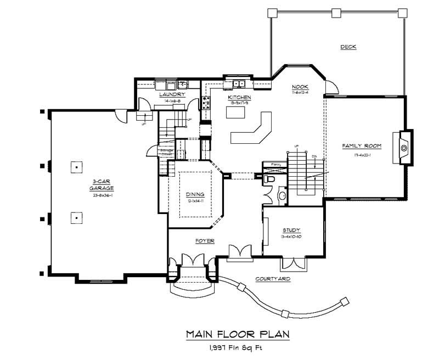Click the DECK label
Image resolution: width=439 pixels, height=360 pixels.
pos(348,47)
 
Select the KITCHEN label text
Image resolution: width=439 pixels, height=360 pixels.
pos(239,97)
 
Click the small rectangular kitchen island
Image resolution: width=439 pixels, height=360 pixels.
pos(235,113)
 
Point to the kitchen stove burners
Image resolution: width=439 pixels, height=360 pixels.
pos(207,104)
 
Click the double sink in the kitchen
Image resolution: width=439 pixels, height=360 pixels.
pos(239,83)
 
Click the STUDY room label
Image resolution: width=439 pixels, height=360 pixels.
pos(291,230)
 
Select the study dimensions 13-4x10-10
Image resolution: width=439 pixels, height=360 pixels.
pos(291,237)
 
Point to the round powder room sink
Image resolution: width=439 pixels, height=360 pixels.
pos(282,195)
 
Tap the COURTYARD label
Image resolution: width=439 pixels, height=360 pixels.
pos(273,279)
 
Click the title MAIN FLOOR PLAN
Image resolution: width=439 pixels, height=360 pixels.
pos(237,334)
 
